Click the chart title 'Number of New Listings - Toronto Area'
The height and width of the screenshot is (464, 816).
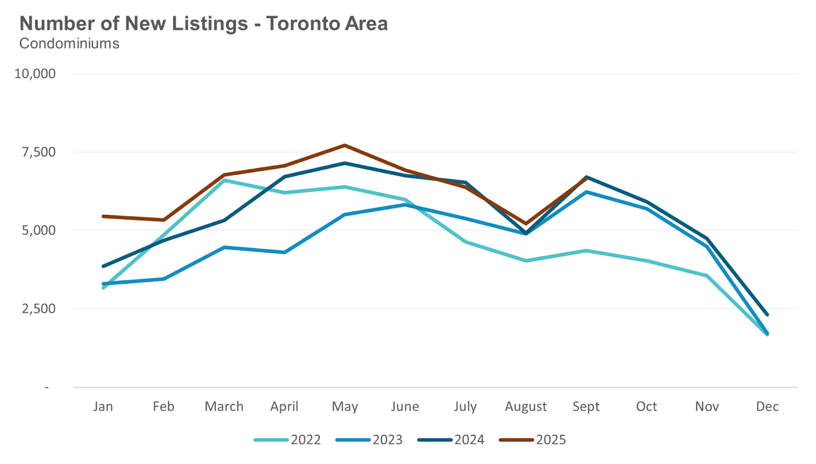203,23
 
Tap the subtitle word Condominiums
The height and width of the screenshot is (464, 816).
69,43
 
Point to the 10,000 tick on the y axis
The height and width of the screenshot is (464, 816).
35,74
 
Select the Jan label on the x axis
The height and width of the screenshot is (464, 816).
103,406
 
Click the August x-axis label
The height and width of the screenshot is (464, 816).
526,406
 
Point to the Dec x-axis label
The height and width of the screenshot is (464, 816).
767,406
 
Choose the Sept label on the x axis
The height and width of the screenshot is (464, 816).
586,406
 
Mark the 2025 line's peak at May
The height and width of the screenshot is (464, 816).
345,145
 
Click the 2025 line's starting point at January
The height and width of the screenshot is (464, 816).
104,216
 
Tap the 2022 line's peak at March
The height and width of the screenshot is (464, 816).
224,180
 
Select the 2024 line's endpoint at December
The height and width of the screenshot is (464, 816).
767,314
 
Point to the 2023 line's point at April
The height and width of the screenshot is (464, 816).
285,252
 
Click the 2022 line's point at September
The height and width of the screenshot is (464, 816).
586,251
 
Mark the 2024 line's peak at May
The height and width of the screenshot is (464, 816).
345,163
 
